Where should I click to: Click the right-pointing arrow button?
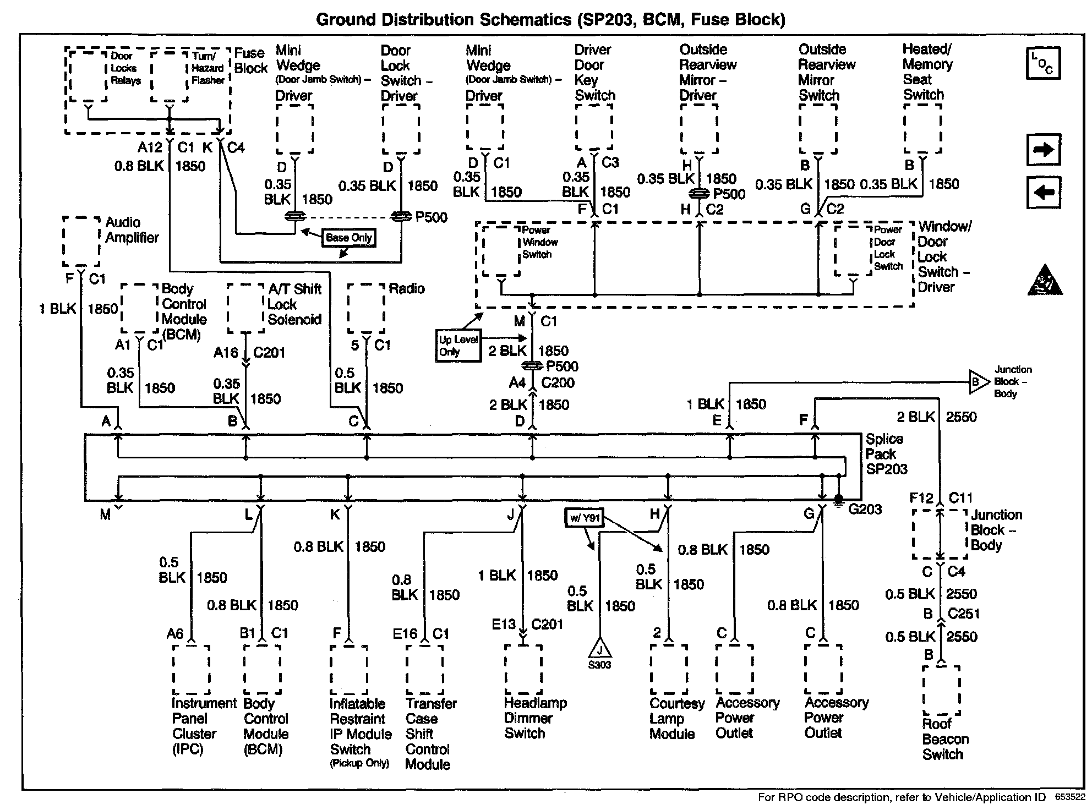(x=1044, y=150)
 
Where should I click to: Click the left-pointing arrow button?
(x=1044, y=193)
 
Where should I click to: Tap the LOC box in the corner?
(x=1042, y=63)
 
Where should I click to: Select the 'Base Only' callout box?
(x=349, y=238)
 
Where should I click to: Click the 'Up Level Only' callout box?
(x=458, y=346)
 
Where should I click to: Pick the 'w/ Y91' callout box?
(x=585, y=518)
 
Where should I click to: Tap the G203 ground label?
(x=865, y=509)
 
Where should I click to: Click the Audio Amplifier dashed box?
(x=81, y=241)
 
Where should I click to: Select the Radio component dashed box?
(x=366, y=308)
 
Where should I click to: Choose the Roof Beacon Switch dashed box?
(x=941, y=691)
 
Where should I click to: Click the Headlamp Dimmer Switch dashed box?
(x=523, y=670)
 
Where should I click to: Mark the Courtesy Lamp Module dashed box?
(x=669, y=670)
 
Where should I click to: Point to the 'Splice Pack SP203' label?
(x=886, y=454)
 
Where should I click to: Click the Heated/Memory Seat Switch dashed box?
(x=922, y=128)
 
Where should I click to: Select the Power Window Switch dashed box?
(x=500, y=250)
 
